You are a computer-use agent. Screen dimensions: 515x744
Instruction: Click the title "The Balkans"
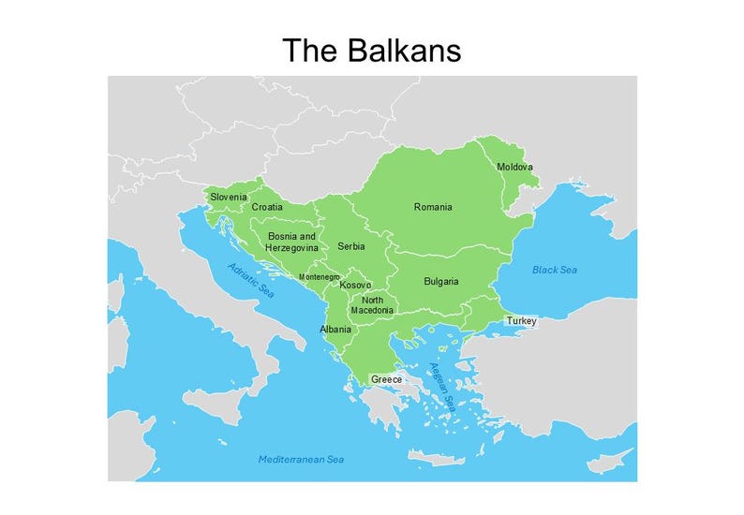372,50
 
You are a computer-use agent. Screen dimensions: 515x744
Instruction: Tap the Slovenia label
229,197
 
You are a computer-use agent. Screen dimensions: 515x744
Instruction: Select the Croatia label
267,207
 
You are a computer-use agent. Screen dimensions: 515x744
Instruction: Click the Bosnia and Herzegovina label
291,243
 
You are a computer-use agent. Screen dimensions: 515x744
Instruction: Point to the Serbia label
351,246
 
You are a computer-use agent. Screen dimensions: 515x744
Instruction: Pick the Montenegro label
319,277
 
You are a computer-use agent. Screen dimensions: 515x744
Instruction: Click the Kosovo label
356,285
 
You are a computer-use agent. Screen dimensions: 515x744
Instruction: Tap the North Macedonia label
372,304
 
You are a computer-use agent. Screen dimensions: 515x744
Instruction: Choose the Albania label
335,330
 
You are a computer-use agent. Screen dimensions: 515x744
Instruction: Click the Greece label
386,379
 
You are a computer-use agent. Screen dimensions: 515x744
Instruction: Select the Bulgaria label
440,281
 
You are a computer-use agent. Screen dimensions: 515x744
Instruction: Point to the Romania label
433,207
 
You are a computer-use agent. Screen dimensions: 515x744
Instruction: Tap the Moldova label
514,167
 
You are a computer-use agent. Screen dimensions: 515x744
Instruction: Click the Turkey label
521,321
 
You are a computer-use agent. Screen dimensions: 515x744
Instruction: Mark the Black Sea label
555,270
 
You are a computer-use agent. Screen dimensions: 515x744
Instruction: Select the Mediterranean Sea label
301,459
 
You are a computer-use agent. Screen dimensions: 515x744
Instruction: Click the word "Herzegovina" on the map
291,248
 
